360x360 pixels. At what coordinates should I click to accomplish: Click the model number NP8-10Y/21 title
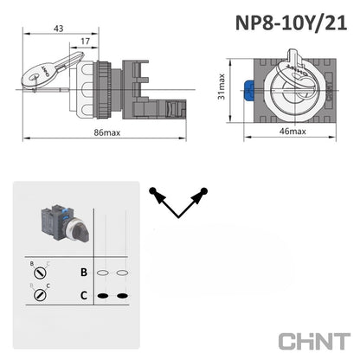coord(292,22)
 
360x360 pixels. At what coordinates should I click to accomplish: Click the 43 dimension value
coord(59,29)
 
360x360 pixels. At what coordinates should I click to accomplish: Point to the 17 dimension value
coord(85,42)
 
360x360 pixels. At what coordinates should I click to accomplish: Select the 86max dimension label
coord(107,132)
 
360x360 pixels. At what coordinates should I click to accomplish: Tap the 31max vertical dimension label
coord(222,87)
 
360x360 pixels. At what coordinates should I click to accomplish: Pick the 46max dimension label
coord(292,132)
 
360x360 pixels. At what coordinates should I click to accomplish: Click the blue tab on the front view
coord(248,91)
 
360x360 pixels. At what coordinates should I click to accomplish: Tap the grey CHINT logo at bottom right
coord(314,341)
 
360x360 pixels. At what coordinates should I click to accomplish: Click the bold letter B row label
coord(84,272)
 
